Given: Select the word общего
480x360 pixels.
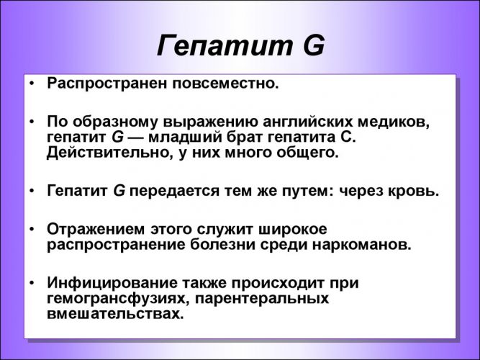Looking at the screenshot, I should (305, 153).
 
